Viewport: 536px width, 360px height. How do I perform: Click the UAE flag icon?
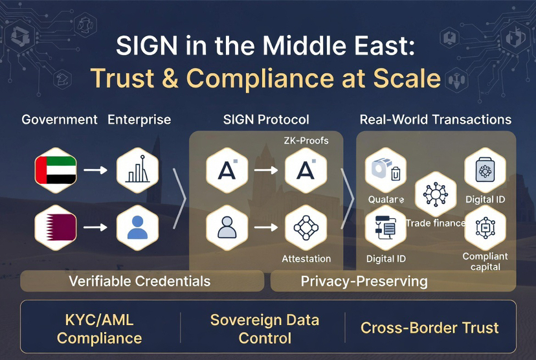click(56, 170)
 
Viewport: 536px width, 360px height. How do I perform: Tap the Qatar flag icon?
click(56, 227)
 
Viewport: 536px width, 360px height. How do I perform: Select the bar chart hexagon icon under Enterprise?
click(137, 170)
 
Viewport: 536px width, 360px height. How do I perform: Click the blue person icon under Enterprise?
click(137, 227)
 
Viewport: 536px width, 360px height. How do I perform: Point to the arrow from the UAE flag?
click(96, 170)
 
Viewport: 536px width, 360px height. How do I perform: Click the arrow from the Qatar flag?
click(96, 227)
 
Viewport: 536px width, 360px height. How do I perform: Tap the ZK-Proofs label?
click(305, 141)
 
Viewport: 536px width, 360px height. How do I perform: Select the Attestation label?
click(306, 259)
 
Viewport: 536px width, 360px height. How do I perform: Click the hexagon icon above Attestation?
click(306, 227)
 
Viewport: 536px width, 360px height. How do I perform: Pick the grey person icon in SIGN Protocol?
click(227, 227)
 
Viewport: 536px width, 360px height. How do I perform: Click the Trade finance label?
click(436, 223)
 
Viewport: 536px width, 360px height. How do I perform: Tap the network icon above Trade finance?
click(436, 194)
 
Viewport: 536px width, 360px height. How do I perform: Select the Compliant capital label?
click(485, 262)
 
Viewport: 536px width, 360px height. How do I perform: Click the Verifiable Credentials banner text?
click(140, 281)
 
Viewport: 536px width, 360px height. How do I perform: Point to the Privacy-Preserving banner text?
click(364, 281)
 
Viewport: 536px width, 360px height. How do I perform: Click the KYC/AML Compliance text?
click(99, 329)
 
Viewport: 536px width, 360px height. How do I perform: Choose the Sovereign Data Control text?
click(264, 329)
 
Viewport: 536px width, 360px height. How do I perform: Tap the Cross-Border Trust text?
click(429, 328)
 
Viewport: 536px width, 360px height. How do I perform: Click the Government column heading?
click(60, 120)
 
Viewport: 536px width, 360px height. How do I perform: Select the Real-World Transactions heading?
click(435, 120)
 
